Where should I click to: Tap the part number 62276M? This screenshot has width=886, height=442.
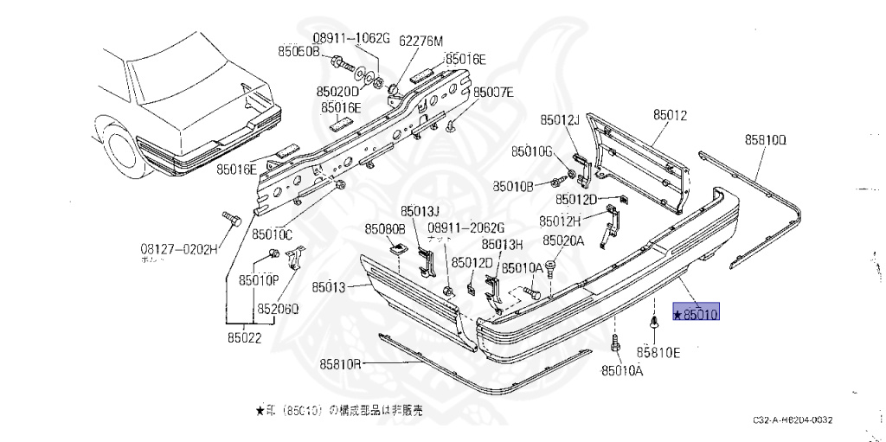coord(420,41)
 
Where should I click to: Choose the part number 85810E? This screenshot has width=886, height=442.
coord(658,352)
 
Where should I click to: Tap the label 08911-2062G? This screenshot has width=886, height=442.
coord(465,227)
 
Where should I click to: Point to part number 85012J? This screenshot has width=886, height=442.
coord(560,119)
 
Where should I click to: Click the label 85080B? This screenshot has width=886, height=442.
coord(384,229)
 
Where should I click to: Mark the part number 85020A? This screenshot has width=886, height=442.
coord(564,241)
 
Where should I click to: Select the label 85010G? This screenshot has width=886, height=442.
coord(531,151)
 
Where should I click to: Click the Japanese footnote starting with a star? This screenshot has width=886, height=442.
coord(339,412)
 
